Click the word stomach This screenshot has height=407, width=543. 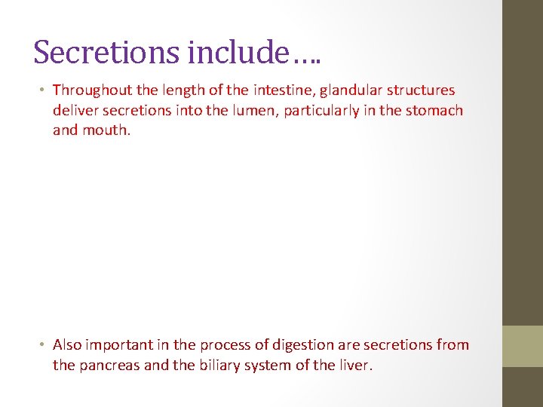(x=435, y=110)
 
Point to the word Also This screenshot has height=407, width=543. (x=67, y=345)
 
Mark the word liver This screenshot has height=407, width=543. (x=353, y=366)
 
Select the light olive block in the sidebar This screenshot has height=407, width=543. (x=523, y=346)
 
